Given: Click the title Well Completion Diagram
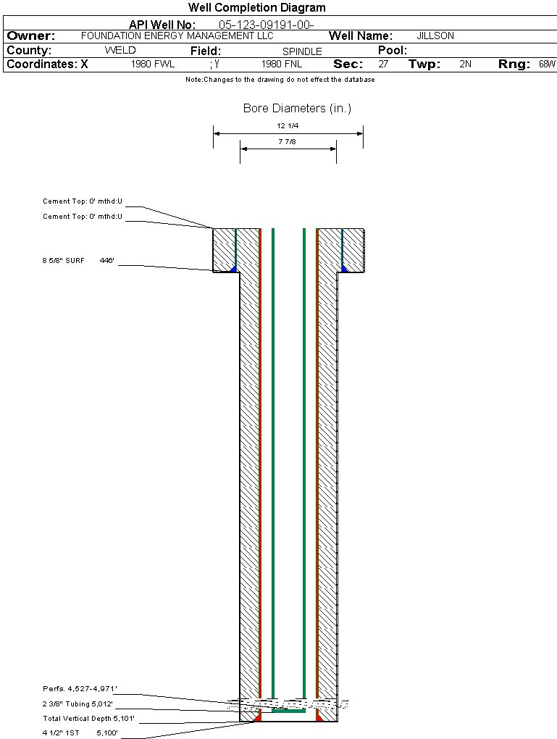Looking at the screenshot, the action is click(x=257, y=7).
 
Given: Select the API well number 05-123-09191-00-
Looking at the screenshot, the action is click(x=267, y=25).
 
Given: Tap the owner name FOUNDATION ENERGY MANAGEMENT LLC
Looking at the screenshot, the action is click(x=177, y=36).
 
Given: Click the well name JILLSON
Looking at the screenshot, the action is click(x=435, y=36).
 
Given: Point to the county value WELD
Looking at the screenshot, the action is click(x=120, y=51).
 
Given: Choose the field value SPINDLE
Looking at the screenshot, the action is click(x=302, y=51).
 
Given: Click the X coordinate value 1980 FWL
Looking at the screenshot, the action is click(x=153, y=64).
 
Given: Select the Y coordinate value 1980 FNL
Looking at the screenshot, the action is click(x=282, y=64).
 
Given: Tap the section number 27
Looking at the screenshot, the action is click(x=383, y=64).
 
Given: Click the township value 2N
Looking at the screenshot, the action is click(x=466, y=64).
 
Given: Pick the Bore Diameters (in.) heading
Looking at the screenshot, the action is click(x=298, y=109).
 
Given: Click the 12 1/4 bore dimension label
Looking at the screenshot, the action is click(x=288, y=126).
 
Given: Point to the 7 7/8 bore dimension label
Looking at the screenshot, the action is click(x=287, y=141).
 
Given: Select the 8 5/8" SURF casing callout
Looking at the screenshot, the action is click(x=63, y=261).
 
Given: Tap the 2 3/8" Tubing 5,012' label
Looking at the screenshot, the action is click(x=78, y=703).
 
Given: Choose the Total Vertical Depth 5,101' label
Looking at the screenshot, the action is click(x=88, y=718).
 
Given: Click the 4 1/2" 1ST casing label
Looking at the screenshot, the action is click(x=62, y=733).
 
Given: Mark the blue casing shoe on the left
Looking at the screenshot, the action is click(x=233, y=269).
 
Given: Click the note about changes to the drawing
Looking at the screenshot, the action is click(x=280, y=80).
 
